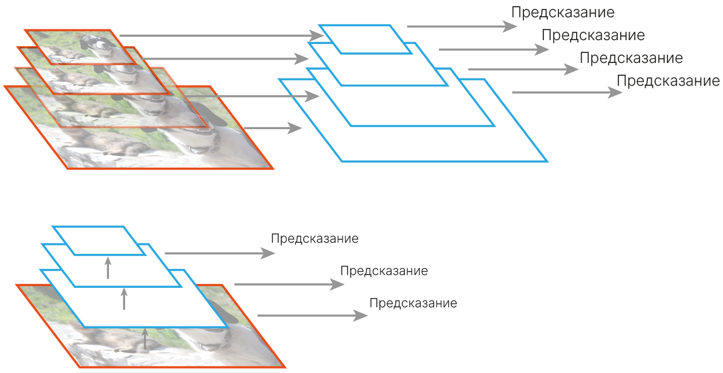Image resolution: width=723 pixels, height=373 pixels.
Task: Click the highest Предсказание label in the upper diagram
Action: (563, 12)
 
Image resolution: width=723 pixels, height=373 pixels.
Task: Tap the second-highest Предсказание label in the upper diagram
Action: (593, 36)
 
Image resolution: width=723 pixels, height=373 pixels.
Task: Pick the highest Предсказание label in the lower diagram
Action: (315, 239)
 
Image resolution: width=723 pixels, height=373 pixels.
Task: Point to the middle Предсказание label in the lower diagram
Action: (384, 271)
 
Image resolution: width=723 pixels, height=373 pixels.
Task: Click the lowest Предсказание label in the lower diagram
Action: (413, 303)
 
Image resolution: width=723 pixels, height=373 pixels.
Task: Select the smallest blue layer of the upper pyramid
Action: (365, 39)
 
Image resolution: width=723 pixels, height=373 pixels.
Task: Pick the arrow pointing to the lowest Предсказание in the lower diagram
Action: (311, 316)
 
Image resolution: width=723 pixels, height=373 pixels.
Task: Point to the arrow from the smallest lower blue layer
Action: (220, 253)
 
